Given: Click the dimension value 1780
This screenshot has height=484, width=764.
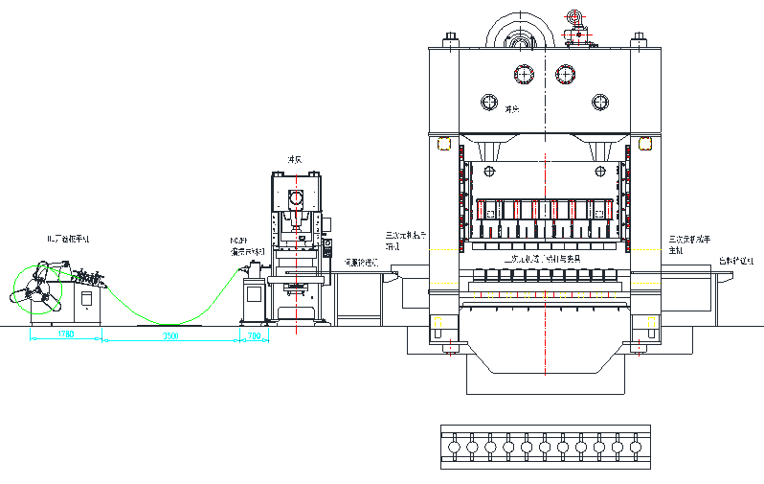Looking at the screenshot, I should point(65,334).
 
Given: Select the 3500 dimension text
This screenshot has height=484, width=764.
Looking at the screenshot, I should point(169,335).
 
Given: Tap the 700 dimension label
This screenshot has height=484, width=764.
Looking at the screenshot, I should point(254,335).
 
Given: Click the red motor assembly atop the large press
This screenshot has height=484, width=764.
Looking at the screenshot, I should point(576,28).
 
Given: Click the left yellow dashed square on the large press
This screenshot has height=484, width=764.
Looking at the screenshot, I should point(443,145).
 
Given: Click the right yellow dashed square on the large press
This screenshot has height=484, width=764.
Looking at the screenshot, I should point(645,145).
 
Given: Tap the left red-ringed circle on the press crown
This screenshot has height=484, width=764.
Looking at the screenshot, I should point(522,74).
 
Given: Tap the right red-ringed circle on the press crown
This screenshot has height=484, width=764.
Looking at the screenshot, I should point(565,74).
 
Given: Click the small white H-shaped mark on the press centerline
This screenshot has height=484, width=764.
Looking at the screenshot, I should point(545,157).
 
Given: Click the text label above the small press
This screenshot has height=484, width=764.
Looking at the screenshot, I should point(296,160).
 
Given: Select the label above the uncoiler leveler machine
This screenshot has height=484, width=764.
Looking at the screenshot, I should point(69,237).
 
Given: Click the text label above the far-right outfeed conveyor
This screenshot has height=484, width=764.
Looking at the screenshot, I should point(735,261).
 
